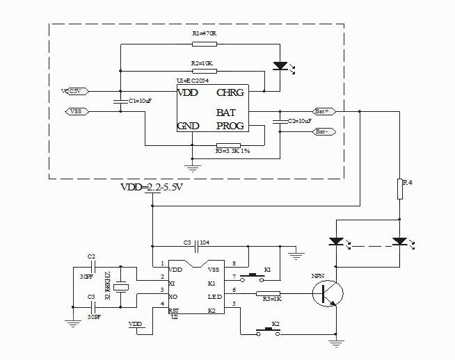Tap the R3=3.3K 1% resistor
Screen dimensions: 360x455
coord(227,145)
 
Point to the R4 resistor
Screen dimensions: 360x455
coord(400,189)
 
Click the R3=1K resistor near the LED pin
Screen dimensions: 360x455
coord(269,295)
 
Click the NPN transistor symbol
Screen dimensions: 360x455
coord(327,293)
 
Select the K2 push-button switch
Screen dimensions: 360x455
coord(266,330)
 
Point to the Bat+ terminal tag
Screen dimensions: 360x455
coord(324,111)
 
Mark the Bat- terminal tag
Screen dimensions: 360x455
coord(324,131)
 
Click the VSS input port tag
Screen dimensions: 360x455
coord(75,111)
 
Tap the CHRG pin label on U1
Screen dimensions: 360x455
coord(230,92)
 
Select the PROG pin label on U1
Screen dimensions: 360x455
coord(230,126)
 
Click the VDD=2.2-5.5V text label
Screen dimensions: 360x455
coord(153,188)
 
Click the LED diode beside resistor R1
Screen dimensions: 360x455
coord(280,66)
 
